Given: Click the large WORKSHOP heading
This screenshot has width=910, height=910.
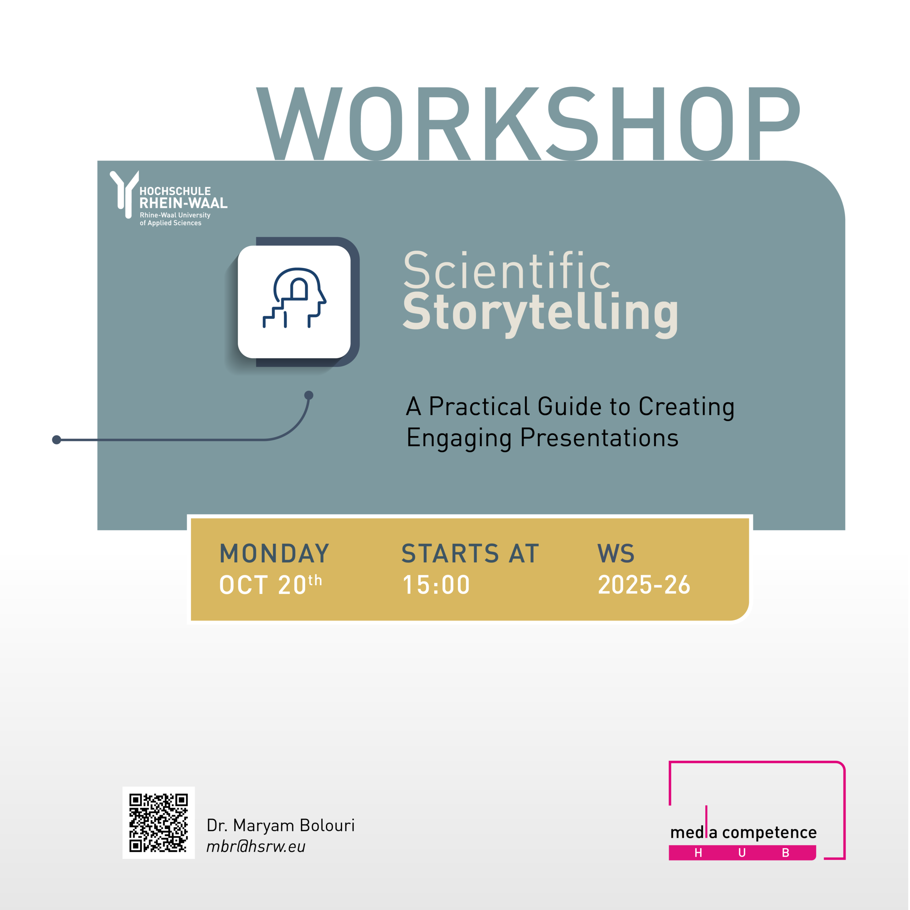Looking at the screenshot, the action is click(528, 123).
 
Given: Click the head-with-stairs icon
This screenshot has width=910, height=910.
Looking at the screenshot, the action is click(294, 298).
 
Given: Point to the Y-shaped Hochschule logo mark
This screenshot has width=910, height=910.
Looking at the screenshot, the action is click(124, 194).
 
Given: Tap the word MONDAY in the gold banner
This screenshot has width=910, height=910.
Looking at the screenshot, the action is click(274, 553).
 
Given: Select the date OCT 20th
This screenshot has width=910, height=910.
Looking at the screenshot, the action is click(271, 584).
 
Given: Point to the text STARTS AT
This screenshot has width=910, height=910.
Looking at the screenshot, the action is click(470, 553).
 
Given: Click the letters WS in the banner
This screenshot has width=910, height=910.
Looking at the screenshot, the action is click(616, 553).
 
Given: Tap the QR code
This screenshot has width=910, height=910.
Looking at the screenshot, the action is click(159, 823).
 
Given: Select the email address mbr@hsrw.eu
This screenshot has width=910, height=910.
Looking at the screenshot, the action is click(256, 846).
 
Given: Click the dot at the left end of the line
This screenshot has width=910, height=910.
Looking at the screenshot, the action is click(57, 440).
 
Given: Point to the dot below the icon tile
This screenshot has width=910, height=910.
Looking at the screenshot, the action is click(309, 395).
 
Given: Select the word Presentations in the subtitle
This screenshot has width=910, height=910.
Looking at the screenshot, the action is click(599, 438).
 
